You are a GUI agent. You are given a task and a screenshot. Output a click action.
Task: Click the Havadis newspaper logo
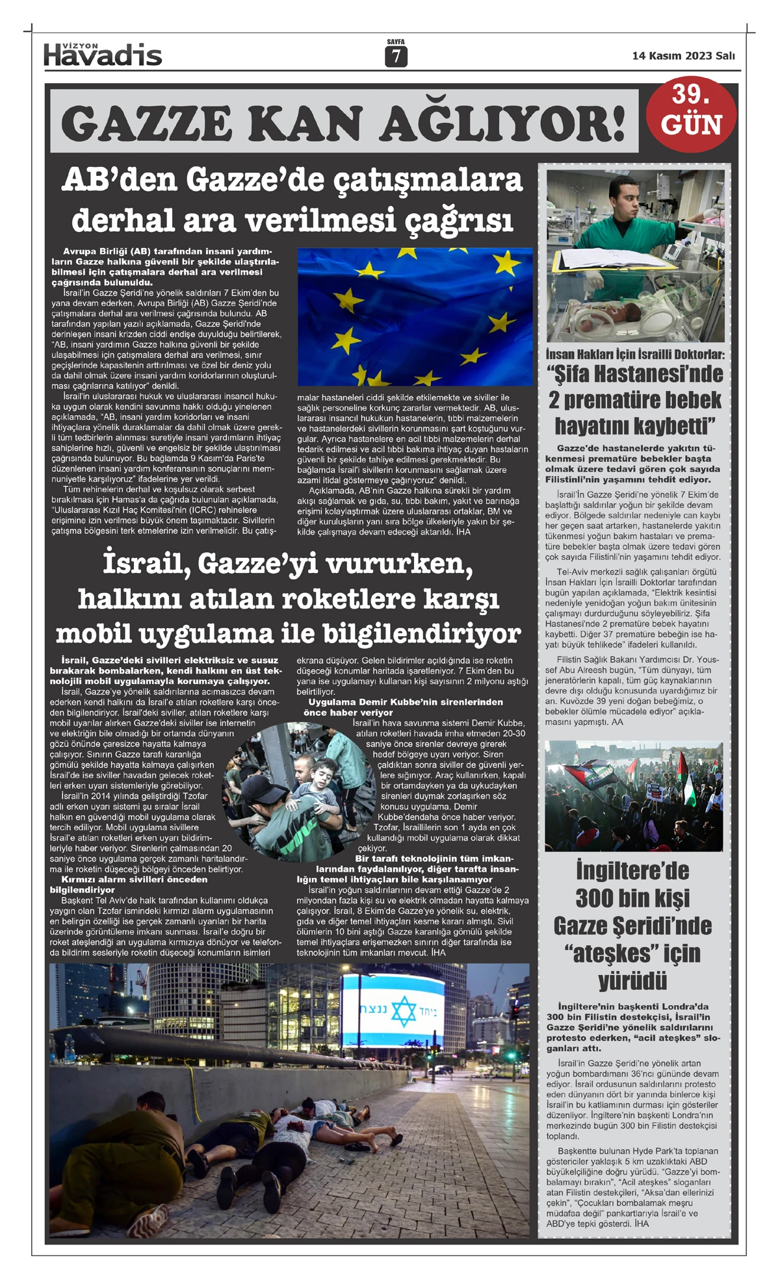[x=103, y=55]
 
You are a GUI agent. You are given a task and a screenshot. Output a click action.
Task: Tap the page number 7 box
[x=396, y=57]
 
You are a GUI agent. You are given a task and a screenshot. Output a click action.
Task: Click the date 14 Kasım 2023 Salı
[x=683, y=56]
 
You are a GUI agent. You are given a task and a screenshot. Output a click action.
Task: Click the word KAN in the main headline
[x=306, y=123]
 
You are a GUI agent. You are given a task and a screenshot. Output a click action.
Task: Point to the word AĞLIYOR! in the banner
[x=503, y=123]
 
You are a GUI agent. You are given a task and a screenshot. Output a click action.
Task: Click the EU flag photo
[x=415, y=316]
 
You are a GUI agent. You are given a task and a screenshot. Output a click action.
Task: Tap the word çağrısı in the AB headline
[x=458, y=220]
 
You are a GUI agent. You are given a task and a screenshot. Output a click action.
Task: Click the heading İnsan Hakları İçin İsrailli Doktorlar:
[x=635, y=355]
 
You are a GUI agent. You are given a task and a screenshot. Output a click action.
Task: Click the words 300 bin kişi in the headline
[x=632, y=898]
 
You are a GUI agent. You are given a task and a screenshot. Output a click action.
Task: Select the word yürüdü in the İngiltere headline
[x=632, y=981]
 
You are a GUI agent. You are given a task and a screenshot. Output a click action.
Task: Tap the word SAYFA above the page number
[x=395, y=42]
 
